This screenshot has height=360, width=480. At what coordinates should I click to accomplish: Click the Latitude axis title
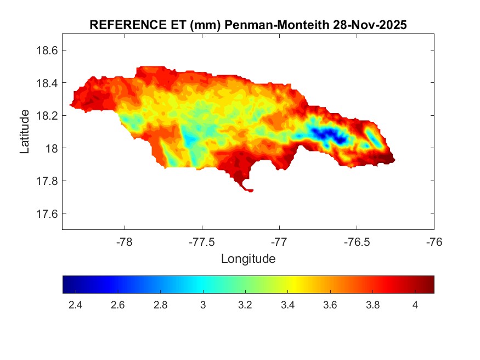pyautogui.click(x=25, y=131)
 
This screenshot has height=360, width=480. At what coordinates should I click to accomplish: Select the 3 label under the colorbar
pyautogui.click(x=203, y=305)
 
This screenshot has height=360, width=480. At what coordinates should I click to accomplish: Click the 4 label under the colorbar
pyautogui.click(x=415, y=305)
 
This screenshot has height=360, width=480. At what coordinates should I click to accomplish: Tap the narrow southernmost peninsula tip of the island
pyautogui.click(x=250, y=190)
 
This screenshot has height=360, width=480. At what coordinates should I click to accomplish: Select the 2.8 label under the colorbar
pyautogui.click(x=160, y=305)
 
